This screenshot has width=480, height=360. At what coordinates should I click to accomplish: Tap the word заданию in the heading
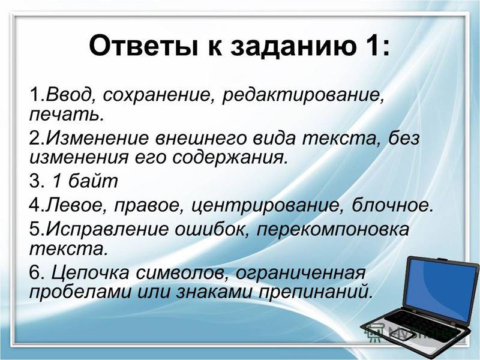(x=293, y=47)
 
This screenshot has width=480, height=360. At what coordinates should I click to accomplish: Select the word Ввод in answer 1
(x=69, y=95)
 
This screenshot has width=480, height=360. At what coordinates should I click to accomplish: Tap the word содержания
(x=230, y=158)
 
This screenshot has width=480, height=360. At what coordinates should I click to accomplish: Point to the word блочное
(x=392, y=205)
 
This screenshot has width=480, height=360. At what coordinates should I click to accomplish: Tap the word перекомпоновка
(x=333, y=230)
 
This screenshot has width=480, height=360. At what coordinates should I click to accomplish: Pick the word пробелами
(x=79, y=292)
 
